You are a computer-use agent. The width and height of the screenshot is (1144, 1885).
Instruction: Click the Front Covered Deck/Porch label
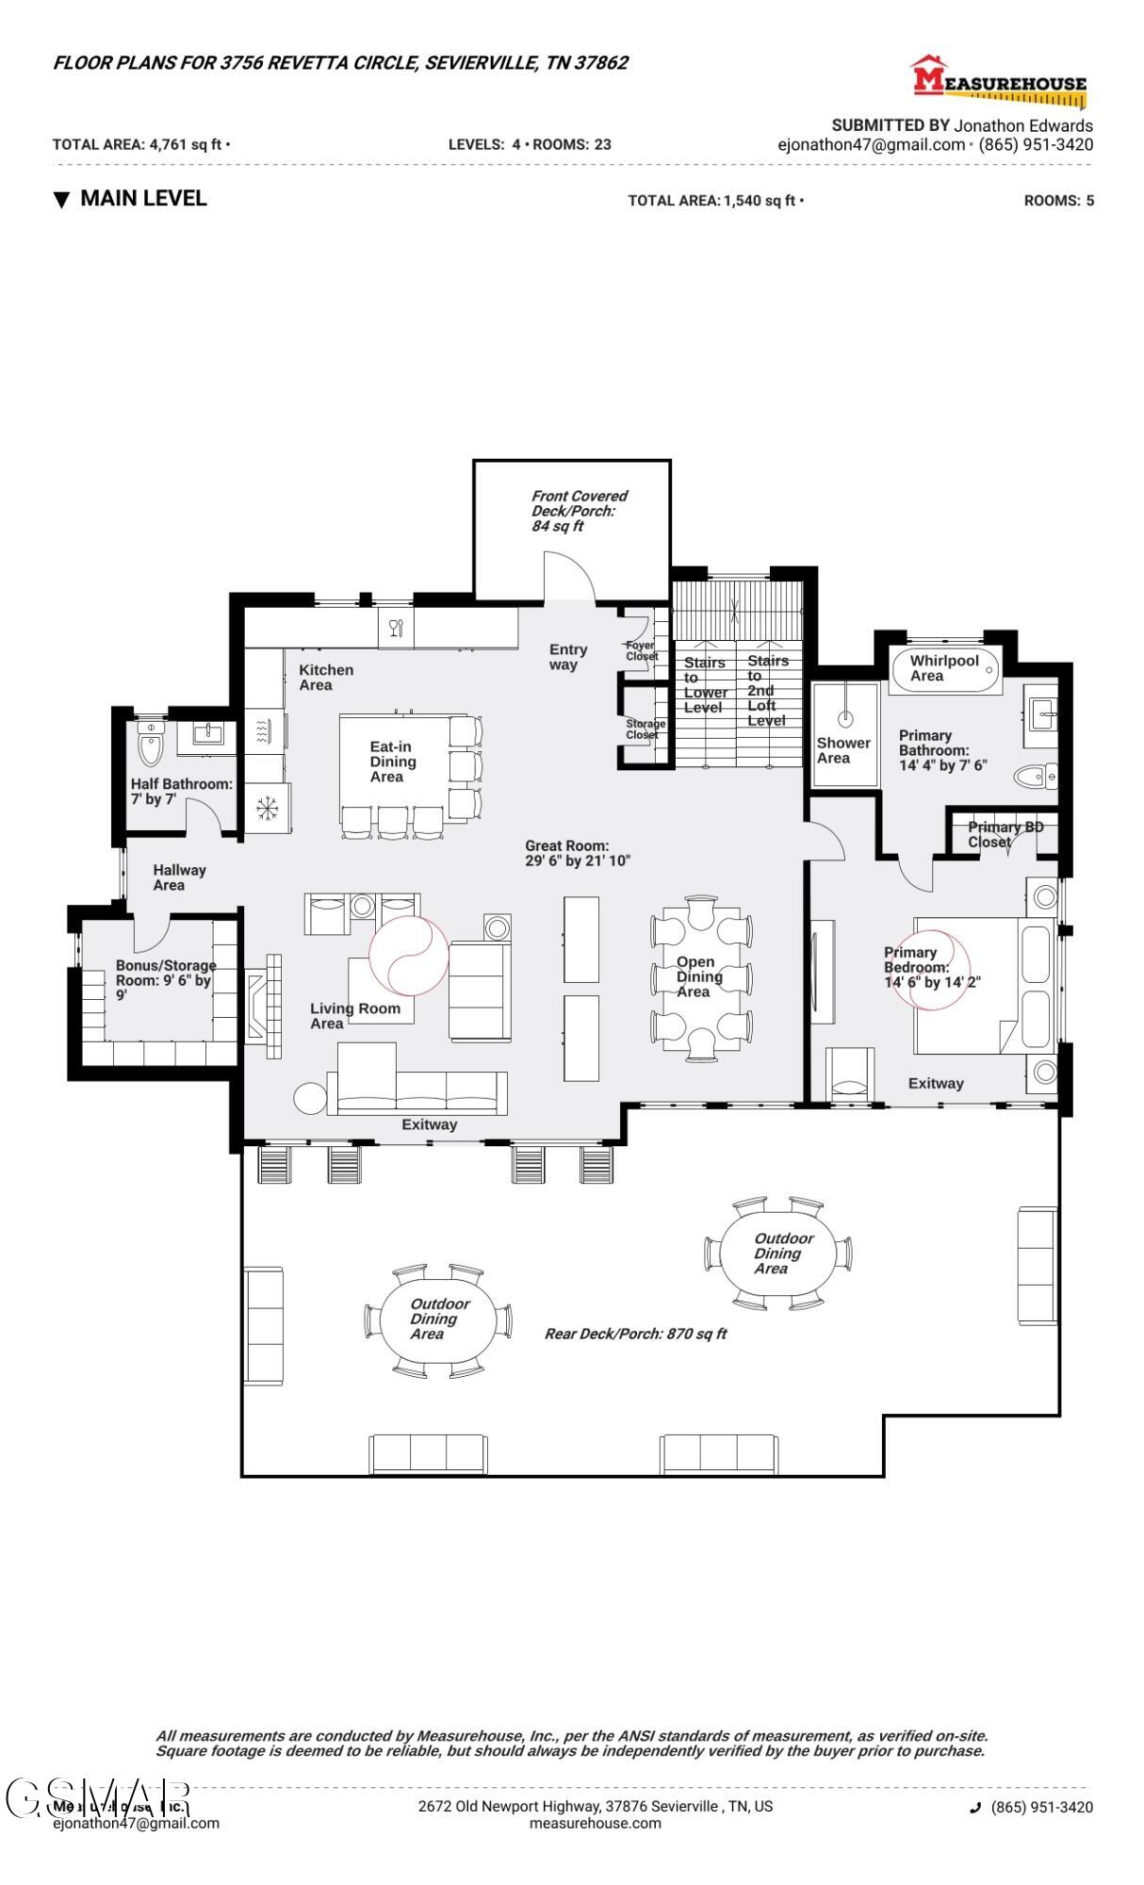[x=578, y=510]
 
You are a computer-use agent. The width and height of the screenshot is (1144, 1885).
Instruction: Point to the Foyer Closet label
[x=642, y=650]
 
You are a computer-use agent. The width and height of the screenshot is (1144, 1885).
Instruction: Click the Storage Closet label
[x=646, y=729]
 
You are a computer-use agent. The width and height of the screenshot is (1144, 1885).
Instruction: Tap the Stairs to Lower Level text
[x=705, y=685]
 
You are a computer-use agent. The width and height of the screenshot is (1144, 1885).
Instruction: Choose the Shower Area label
[x=842, y=750]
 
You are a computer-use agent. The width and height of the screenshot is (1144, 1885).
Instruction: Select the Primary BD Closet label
[x=1005, y=834]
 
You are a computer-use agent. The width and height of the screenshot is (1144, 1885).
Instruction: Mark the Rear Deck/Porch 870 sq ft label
[x=635, y=1334]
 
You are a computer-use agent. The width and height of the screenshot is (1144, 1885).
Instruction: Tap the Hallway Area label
[x=178, y=877]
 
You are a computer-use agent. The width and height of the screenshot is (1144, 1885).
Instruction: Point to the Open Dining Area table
[x=701, y=977]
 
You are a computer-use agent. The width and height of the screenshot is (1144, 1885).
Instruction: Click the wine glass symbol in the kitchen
[x=396, y=628]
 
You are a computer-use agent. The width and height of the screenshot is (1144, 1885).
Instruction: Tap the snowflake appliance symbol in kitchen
[x=267, y=808]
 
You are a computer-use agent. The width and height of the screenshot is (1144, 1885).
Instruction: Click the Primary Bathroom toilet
[x=1036, y=777]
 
